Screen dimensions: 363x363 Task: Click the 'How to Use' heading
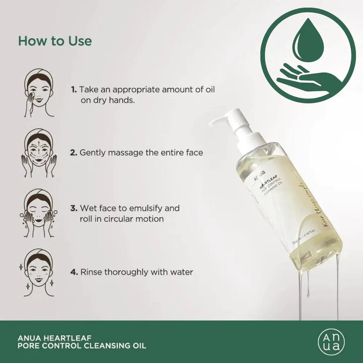click(55, 41)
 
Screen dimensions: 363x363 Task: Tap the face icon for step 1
click(39, 93)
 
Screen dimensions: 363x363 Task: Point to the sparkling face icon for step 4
click(39, 272)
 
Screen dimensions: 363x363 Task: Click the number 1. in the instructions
click(74, 89)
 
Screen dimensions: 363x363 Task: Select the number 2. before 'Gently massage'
click(74, 152)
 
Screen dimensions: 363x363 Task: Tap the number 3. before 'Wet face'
click(74, 208)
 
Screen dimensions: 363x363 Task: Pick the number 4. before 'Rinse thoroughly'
click(74, 272)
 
